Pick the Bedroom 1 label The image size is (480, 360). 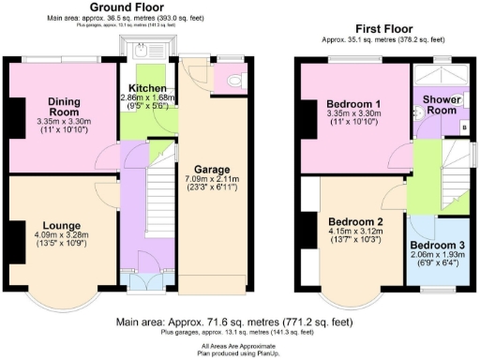tap(352, 104)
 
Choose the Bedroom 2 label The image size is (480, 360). tap(352, 222)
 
